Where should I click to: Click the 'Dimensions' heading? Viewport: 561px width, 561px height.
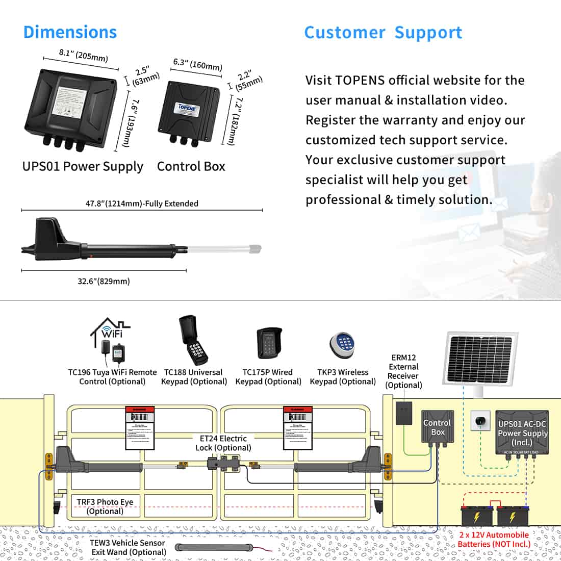(70, 32)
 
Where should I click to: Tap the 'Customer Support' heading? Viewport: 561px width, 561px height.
(383, 33)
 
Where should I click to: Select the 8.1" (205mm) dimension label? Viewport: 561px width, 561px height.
(84, 55)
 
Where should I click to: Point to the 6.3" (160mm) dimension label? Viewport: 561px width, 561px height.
(197, 65)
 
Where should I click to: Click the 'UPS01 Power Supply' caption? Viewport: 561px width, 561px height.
(83, 166)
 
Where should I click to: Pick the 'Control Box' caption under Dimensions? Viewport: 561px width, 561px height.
(191, 166)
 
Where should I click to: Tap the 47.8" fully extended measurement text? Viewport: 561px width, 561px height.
(142, 203)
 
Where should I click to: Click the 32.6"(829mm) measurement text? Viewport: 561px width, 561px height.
(104, 281)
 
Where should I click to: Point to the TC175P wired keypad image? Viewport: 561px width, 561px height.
(268, 343)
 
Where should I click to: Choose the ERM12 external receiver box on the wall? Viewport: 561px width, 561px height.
(403, 413)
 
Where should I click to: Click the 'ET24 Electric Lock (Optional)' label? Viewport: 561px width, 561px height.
(223, 443)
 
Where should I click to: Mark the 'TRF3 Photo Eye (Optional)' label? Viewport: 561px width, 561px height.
(105, 506)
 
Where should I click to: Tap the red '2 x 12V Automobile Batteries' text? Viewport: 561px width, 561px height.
(494, 539)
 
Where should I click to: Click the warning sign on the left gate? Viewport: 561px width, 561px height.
(140, 427)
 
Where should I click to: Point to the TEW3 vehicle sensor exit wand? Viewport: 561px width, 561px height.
(214, 548)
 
